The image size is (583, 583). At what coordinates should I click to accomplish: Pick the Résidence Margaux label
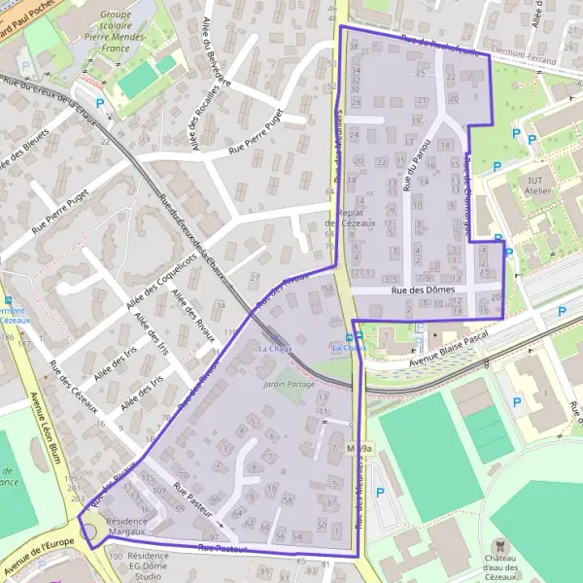coord(126,527)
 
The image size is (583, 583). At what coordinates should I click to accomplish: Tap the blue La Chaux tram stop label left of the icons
coord(275,347)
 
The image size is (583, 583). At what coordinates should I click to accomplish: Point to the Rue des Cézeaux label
coord(74,389)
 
